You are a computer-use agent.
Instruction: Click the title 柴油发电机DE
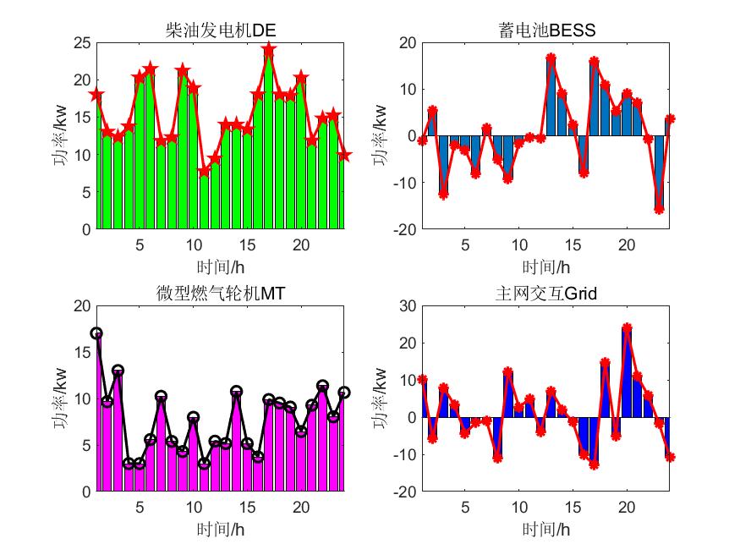221,31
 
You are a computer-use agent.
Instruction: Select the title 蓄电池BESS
546,31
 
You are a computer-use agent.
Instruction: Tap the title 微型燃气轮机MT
221,294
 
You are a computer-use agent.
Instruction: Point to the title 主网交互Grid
546,294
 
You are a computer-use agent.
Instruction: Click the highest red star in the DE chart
269,50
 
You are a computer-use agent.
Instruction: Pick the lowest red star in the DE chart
204,171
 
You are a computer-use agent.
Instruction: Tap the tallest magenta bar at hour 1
97,412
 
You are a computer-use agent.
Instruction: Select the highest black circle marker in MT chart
96,333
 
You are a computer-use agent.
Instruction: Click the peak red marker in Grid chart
627,327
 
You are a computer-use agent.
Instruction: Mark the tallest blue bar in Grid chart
627,372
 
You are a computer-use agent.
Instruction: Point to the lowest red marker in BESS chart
659,209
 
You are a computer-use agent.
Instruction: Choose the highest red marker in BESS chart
551,58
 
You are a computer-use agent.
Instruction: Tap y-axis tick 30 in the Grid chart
406,305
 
